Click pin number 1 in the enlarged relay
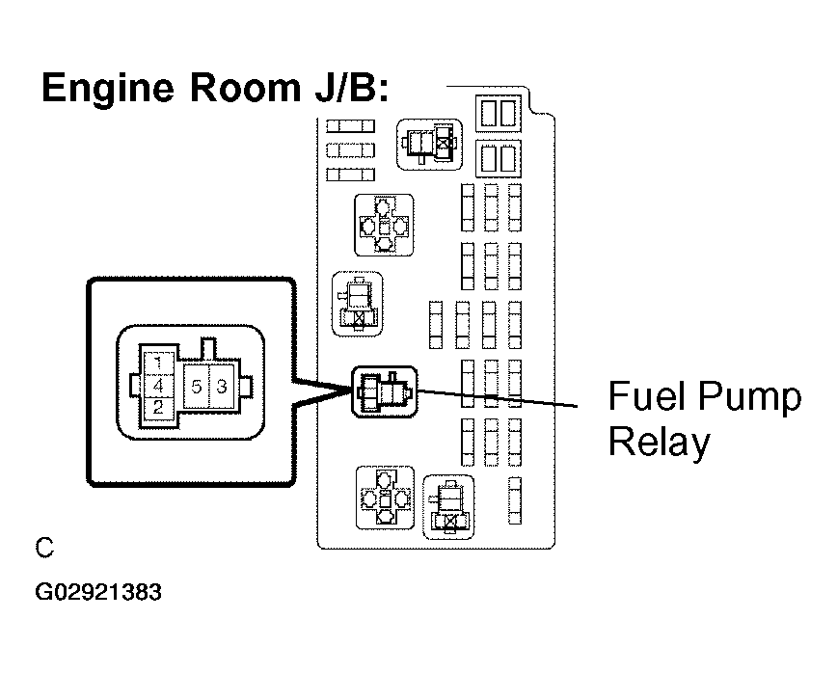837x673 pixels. click(158, 364)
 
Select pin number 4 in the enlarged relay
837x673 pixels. click(158, 386)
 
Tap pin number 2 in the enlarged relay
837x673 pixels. click(158, 407)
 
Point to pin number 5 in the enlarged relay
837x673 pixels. click(196, 387)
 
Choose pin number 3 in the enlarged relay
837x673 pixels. click(222, 387)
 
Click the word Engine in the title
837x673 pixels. click(108, 88)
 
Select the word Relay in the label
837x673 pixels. click(660, 443)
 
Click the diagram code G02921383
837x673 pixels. click(98, 592)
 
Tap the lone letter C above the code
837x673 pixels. click(44, 548)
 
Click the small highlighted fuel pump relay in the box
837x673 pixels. click(385, 392)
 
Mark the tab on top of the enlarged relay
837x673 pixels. click(208, 348)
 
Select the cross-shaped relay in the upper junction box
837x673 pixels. click(384, 226)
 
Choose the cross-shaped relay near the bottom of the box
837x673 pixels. click(385, 498)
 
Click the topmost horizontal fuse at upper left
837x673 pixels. click(350, 126)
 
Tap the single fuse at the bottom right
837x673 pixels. click(515, 500)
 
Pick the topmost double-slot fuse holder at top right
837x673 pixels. click(499, 113)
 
